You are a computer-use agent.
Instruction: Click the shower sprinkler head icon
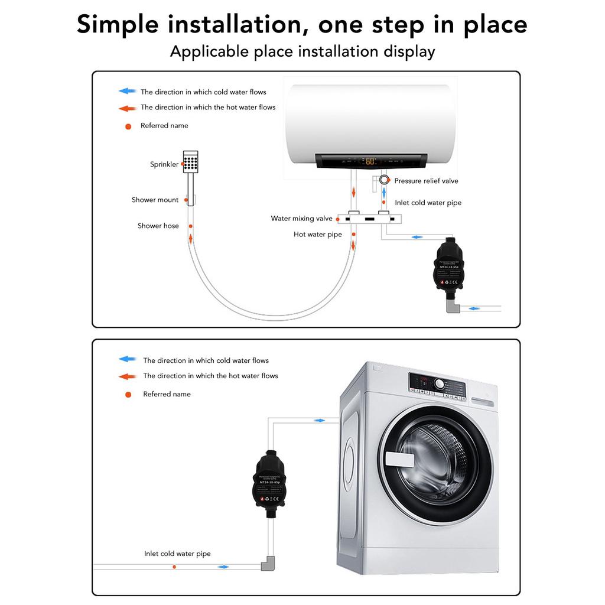click(190, 162)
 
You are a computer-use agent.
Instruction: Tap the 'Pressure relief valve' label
click(426, 181)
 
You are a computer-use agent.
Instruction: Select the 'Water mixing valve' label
click(301, 219)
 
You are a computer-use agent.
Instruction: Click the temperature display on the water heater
click(370, 161)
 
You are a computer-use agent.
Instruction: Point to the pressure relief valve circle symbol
click(385, 180)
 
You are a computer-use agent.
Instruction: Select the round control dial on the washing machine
click(440, 383)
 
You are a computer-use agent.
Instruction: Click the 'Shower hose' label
click(158, 226)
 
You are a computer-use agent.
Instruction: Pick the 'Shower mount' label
click(155, 200)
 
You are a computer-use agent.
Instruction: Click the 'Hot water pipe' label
click(318, 235)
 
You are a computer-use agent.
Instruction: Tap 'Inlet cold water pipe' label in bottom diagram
click(177, 554)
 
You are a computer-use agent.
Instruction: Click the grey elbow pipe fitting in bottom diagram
click(269, 564)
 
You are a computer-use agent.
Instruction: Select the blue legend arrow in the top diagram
click(128, 92)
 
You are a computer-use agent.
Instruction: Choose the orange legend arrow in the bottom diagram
click(128, 376)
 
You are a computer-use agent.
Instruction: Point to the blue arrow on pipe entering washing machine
click(320, 420)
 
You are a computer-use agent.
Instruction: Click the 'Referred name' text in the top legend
click(164, 125)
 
